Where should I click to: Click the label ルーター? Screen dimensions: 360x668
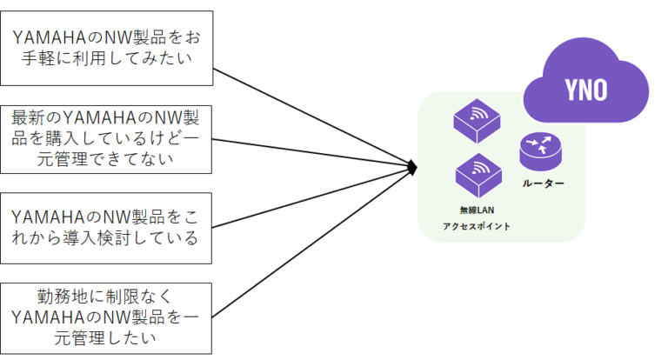543,183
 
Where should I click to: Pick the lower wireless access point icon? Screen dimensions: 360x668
477,173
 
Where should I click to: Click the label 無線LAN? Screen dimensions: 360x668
477,210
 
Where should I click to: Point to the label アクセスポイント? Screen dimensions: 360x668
477,226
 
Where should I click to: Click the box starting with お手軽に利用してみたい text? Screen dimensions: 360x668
107,48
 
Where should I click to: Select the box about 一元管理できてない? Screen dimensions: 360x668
107,137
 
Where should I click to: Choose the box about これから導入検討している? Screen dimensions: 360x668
107,227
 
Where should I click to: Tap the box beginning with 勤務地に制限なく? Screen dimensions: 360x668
107,317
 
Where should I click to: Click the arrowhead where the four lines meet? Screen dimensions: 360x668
415,165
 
